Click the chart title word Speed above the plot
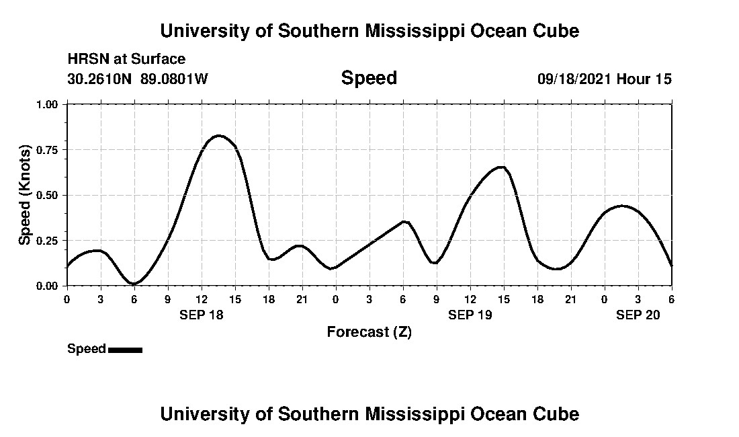coord(369,78)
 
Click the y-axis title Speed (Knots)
coord(25,195)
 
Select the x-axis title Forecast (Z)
coord(369,331)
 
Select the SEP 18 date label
coord(201,315)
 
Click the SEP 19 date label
coord(470,315)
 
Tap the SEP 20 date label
coord(638,315)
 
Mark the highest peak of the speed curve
coord(218,136)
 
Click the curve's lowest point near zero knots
coord(134,284)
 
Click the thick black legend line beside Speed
coord(125,350)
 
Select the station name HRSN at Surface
coord(126,59)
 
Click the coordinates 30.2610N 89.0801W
coord(138,79)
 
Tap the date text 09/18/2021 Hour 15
coord(604,79)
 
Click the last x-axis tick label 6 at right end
coord(671,299)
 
